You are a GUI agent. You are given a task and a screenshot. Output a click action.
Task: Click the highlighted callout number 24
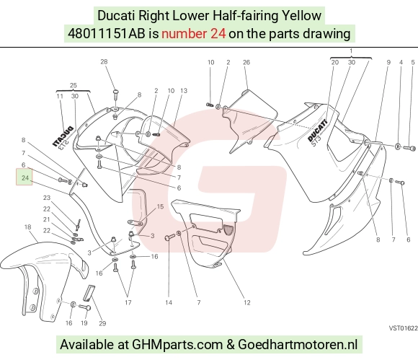point(25,177)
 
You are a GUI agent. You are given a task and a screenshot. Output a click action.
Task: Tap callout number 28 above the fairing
point(104,61)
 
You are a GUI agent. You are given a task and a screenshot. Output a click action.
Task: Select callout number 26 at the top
point(246,62)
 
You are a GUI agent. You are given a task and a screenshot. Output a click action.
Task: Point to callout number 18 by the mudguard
point(27,227)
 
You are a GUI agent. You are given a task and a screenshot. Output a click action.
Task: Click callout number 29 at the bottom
point(102,323)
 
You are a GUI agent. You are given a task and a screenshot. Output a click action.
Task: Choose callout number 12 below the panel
point(247,302)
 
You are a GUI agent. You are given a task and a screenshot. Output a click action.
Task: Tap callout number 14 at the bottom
point(169,302)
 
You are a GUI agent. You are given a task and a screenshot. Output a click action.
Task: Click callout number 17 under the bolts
point(128,302)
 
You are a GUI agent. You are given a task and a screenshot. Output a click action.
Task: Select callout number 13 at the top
point(184,91)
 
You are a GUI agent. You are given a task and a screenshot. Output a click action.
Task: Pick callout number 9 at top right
point(388,62)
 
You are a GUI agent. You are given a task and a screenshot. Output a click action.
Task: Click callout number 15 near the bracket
point(160,206)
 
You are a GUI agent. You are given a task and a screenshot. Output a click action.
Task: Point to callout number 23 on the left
point(47,198)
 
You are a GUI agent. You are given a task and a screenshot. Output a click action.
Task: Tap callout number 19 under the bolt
point(84,323)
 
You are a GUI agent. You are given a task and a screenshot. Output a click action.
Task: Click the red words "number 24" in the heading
point(194,34)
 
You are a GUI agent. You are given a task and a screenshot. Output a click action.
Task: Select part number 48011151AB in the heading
point(107,34)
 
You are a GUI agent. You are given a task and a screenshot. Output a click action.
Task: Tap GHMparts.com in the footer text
point(177,345)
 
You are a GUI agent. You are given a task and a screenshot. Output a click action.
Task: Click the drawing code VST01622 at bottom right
point(403,328)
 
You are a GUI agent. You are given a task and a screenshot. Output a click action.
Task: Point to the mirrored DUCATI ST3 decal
point(63,137)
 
